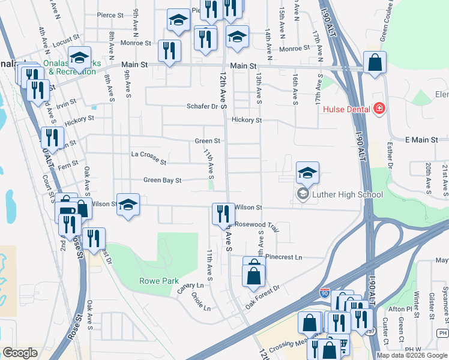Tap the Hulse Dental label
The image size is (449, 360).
(x=346, y=109)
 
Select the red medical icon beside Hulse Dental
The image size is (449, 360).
(x=379, y=109)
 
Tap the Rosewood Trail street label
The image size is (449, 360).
(x=258, y=226)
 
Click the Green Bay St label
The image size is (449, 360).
(x=162, y=180)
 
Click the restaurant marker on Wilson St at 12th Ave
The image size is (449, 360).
(x=221, y=214)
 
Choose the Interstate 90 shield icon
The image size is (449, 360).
(x=324, y=293)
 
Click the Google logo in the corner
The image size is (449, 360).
(x=20, y=353)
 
